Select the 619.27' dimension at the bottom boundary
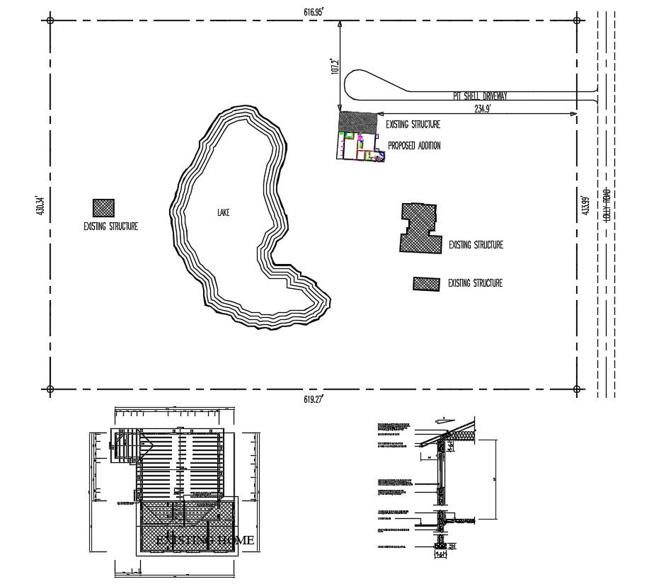(313, 399)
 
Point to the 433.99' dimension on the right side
(585, 205)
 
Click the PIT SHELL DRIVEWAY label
(481, 95)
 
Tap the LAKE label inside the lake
(224, 212)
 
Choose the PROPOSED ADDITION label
(414, 146)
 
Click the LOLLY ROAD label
(606, 205)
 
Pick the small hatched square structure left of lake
(103, 207)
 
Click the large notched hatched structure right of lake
(418, 228)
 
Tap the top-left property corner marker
(50, 21)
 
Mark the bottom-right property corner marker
(577, 389)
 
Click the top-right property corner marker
(577, 21)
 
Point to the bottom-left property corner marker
(50, 389)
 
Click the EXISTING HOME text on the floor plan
(204, 540)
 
